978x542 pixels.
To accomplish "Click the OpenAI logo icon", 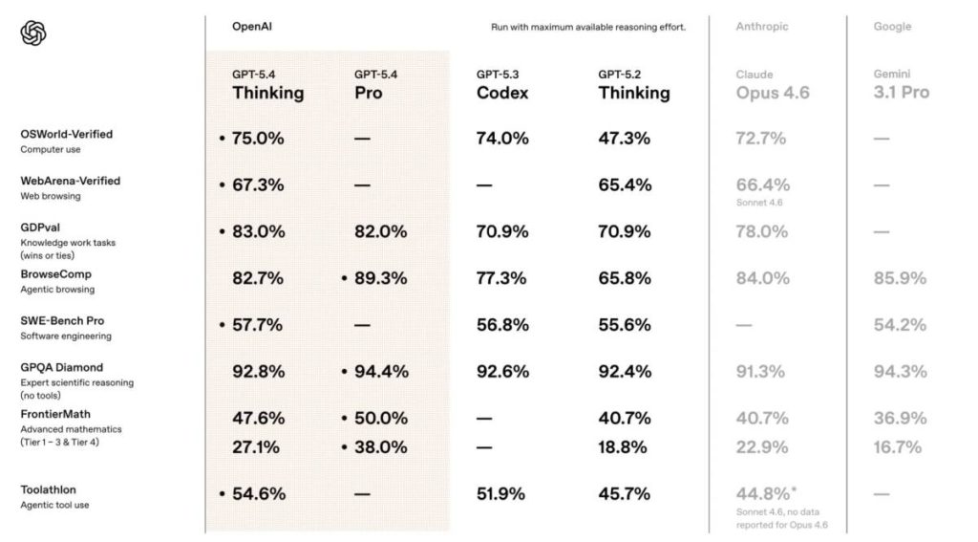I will pos(33,33).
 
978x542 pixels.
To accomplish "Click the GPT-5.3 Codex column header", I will pos(502,84).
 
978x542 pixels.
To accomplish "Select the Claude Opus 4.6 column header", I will pos(773,84).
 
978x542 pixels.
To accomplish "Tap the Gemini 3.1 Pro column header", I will pos(901,84).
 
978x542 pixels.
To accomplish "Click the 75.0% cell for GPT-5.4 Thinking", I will pos(258,138).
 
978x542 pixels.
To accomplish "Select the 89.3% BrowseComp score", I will pos(380,278).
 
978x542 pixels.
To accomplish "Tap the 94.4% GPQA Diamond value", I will pos(380,371).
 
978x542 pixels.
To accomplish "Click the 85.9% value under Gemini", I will pos(900,278).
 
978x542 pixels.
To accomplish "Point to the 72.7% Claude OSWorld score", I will pos(761,138).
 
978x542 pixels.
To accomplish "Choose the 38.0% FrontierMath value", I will pos(380,446).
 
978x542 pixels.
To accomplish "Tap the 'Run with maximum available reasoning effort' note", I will pos(582,27).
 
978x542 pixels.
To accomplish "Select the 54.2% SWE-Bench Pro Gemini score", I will pos(900,325).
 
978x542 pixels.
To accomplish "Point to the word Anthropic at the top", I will pos(761,27).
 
